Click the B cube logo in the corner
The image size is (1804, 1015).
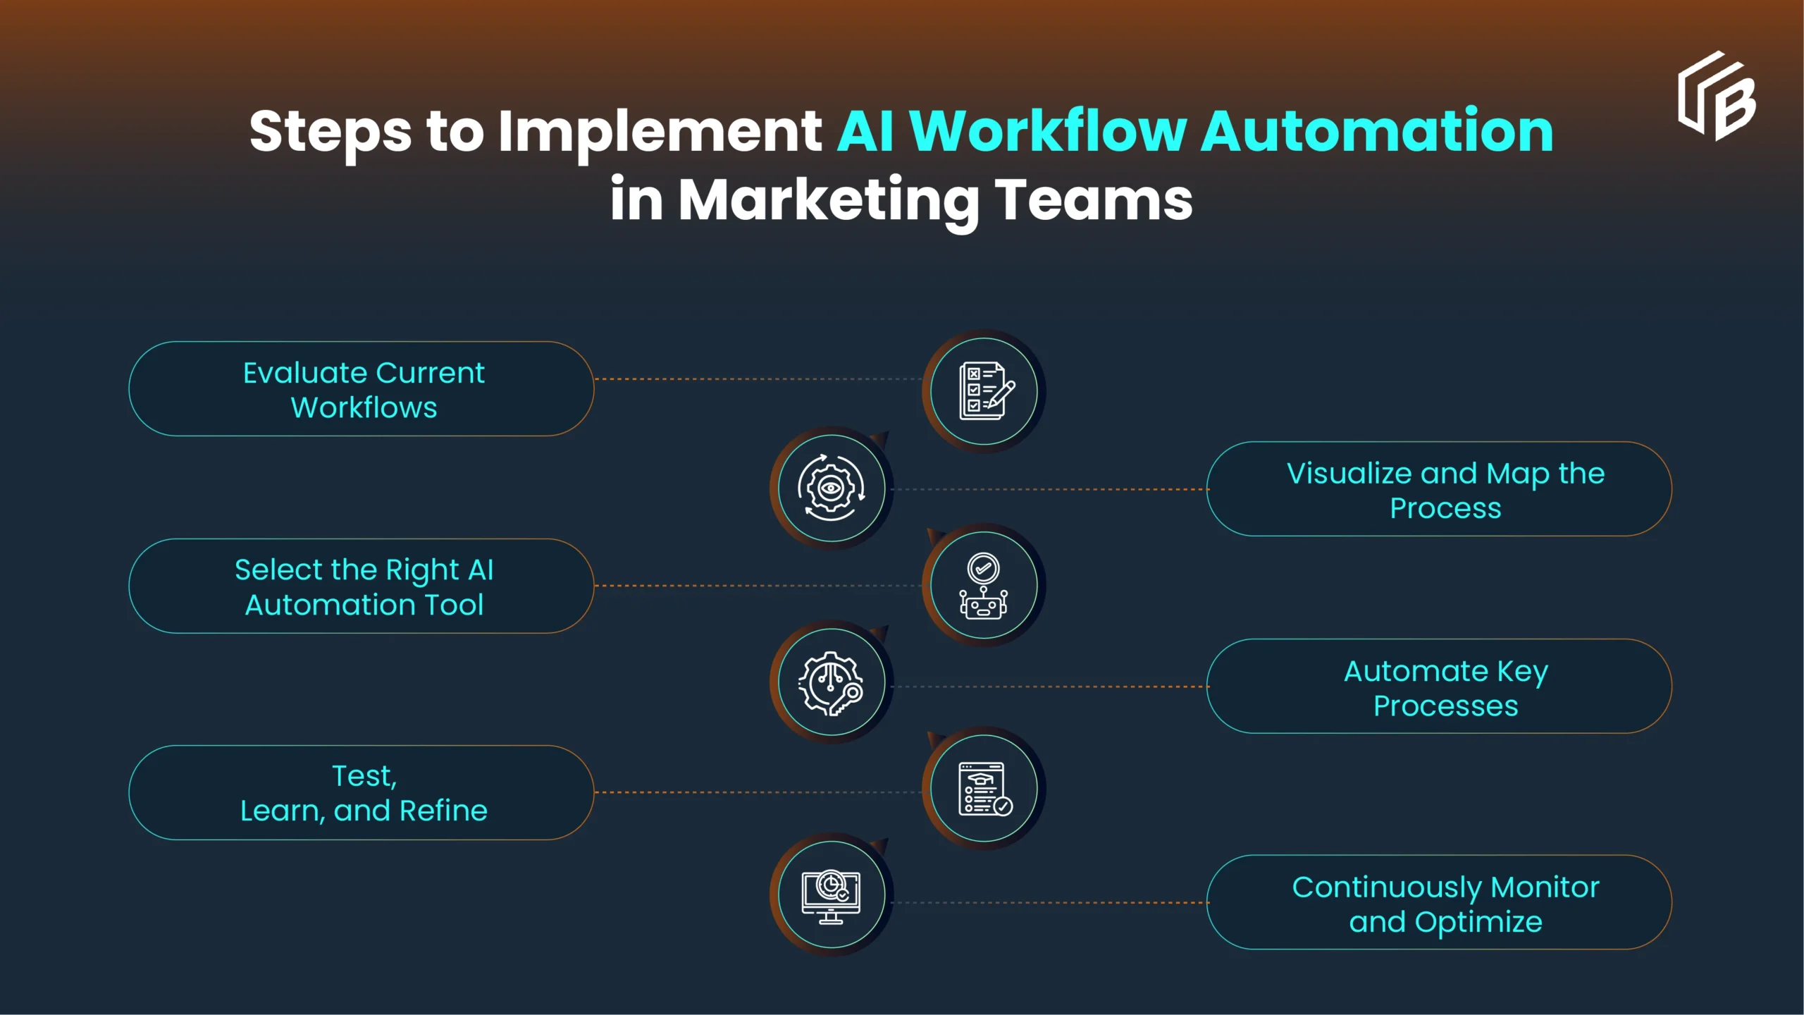tap(1717, 97)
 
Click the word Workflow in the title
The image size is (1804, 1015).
tap(1047, 131)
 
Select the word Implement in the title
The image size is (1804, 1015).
tap(660, 133)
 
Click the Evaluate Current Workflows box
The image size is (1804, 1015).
tap(362, 389)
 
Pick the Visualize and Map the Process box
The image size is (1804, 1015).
tap(1439, 489)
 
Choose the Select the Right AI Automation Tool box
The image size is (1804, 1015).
tap(362, 586)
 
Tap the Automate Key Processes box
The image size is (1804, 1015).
tap(1439, 687)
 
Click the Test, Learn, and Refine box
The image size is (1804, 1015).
tap(362, 793)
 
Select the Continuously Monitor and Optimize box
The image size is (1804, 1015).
tap(1439, 903)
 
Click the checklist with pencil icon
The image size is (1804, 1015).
tap(984, 391)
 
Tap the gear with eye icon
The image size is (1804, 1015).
tap(832, 488)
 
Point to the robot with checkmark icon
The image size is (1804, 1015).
tap(984, 586)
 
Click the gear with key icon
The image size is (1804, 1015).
tap(832, 683)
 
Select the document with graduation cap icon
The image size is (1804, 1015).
tap(984, 789)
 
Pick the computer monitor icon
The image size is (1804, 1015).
tap(832, 895)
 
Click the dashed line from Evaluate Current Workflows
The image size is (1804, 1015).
tap(758, 379)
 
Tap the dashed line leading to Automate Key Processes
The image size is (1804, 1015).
tap(1050, 687)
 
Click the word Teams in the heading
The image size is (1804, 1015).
tap(1093, 200)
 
